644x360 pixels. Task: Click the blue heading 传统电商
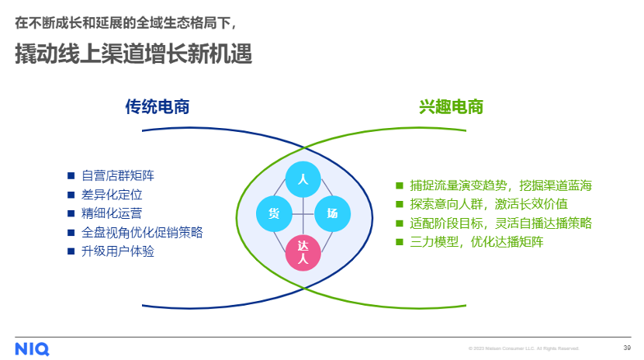158,107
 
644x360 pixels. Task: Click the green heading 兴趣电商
452,107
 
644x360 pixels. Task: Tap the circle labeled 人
303,179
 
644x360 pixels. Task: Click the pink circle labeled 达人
303,253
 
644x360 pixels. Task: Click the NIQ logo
32,349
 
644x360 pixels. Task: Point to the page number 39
627,348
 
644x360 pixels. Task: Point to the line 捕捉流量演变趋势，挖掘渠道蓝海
501,185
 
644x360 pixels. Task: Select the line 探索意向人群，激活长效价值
489,204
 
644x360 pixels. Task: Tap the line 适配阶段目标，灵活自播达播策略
501,223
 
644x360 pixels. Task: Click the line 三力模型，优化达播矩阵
476,241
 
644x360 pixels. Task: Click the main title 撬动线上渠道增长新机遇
133,55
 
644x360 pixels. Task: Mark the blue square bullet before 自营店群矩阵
71,176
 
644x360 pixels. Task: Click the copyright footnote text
523,348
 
